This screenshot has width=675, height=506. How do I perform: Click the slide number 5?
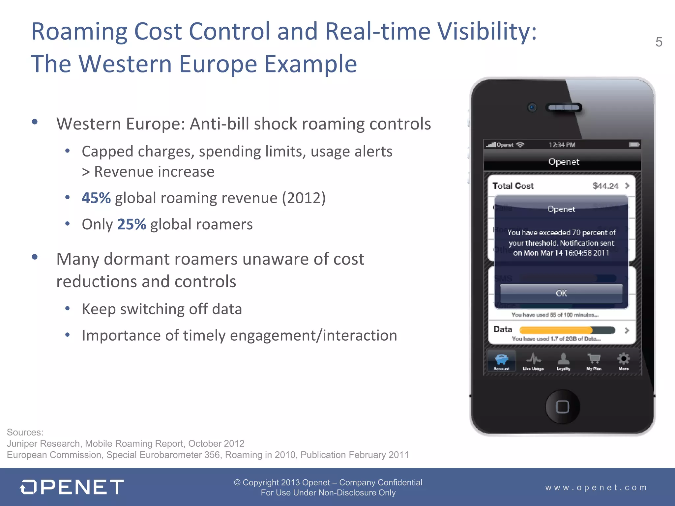coord(659,42)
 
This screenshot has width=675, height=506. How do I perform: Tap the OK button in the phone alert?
coord(561,293)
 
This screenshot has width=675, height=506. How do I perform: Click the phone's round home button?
coord(562,407)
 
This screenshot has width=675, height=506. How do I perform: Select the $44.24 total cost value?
coord(605,186)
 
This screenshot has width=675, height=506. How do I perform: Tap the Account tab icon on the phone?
coord(501,359)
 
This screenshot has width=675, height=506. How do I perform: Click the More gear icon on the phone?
coord(623,359)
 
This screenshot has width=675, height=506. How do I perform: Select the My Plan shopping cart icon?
coord(594,359)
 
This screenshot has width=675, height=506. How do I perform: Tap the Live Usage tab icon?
coord(533,359)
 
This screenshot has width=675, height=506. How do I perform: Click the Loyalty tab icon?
coord(563,359)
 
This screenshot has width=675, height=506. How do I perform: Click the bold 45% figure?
coord(96,198)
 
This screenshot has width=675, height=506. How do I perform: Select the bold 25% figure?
coord(132,224)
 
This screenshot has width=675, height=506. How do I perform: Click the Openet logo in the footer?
coord(72,487)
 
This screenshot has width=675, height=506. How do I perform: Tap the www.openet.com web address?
coord(596,488)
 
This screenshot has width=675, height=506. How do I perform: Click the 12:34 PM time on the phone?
coord(562,145)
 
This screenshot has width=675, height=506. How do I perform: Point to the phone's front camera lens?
coord(532,107)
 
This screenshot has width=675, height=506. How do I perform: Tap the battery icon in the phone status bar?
coord(634,145)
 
